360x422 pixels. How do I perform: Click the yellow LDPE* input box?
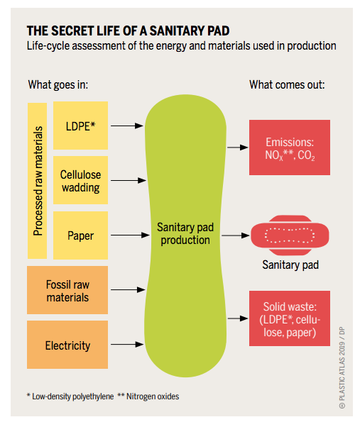point(80,126)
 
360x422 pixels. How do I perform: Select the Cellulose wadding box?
point(80,180)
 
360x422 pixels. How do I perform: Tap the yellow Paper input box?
point(80,235)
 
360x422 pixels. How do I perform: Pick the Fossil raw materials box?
point(67,290)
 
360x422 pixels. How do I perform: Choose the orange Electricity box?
point(67,345)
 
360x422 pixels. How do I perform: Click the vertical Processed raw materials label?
point(38,181)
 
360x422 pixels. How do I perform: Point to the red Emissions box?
point(290,148)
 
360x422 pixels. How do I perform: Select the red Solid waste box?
point(290,318)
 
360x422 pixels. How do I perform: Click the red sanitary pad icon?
point(290,235)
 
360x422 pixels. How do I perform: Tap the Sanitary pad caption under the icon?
point(290,265)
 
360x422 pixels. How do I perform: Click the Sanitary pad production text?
point(185,233)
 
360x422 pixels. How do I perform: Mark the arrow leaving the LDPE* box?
point(127,126)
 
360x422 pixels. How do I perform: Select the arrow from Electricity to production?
point(127,344)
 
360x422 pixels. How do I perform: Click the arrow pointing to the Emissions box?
point(238,148)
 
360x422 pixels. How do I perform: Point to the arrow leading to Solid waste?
point(238,318)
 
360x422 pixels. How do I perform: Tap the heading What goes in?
point(58,85)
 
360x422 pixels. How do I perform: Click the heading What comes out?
point(287,85)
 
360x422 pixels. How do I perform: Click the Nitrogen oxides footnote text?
point(148,396)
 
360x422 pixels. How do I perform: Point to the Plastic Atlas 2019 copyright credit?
point(342,367)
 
